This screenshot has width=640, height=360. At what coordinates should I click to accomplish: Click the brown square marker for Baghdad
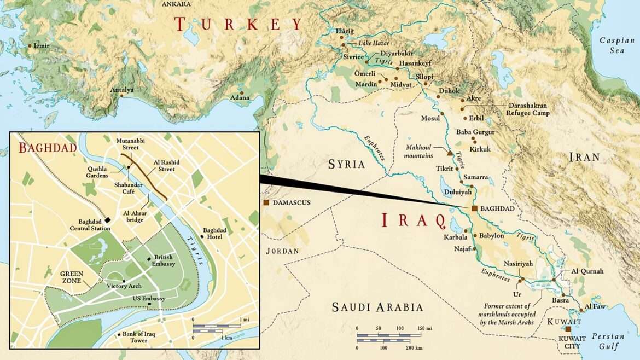[474, 208]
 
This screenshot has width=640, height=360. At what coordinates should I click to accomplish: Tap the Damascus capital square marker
[266, 203]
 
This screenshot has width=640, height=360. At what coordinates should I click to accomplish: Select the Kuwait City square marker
[568, 329]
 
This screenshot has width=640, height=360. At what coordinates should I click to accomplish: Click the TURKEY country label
[238, 24]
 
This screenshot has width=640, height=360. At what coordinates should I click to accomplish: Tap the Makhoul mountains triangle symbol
[450, 153]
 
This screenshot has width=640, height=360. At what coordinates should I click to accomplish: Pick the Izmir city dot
[30, 46]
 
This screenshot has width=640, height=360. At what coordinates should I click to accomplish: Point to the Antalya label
[122, 89]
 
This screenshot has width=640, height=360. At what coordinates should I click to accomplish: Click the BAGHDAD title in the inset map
[47, 148]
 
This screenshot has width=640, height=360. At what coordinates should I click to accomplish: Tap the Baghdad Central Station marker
[108, 219]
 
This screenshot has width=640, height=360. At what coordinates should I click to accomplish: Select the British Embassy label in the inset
[164, 260]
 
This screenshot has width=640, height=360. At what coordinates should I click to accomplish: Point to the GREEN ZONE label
[71, 277]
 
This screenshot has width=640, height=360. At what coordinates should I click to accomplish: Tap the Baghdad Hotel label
[214, 233]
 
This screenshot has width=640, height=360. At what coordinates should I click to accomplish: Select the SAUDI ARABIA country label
[377, 307]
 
